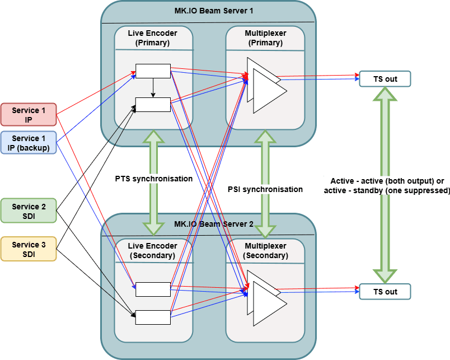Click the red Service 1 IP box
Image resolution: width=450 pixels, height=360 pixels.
coord(29,115)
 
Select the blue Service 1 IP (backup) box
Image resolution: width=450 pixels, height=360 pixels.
coord(29,143)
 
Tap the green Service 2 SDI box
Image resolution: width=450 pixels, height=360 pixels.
coord(29,211)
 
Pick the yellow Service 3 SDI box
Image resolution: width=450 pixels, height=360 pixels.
coord(29,249)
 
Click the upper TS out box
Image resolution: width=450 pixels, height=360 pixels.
coord(385,79)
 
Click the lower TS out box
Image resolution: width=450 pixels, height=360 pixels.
coord(385,292)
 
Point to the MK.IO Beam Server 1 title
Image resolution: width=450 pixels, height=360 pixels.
coord(214,11)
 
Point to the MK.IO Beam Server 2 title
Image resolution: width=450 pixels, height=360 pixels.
coord(214,224)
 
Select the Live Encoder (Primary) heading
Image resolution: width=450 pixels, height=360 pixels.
coord(152,38)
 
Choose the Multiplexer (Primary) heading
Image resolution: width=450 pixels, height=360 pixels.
coord(265,38)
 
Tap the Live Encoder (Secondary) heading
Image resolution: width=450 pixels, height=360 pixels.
coord(152,251)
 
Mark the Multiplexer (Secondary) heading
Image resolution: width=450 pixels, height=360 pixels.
coord(265,251)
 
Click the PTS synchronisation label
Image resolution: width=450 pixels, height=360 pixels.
coord(154,179)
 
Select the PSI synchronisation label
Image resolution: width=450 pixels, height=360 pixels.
coord(265,189)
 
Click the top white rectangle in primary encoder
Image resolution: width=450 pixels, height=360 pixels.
coord(153,71)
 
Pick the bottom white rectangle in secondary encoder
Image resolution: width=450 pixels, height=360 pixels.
coord(153,317)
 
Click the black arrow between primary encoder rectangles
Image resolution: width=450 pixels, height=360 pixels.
coord(153,87)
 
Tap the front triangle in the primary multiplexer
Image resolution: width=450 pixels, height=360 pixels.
coord(270,91)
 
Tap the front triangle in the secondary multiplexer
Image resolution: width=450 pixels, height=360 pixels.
coord(270,303)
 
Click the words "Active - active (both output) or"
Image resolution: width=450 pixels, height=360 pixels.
coord(387,181)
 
